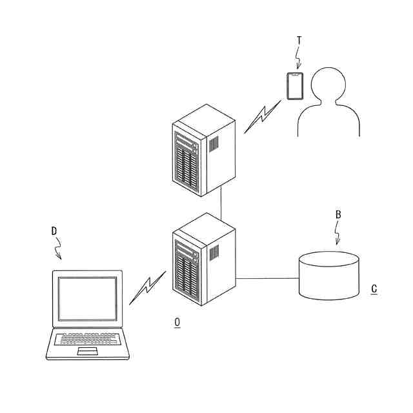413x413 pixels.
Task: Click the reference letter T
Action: tap(299, 41)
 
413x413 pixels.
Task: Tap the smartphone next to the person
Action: tap(295, 86)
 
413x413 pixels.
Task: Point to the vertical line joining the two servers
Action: tap(221, 205)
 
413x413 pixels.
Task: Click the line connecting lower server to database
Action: tap(268, 278)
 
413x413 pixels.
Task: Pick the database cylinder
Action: tap(329, 276)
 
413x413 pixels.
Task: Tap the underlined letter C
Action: tap(374, 288)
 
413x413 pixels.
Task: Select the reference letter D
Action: tap(54, 230)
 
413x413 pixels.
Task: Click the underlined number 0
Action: tap(177, 321)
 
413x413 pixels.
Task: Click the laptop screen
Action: tap(87, 297)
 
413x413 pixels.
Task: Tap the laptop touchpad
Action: tap(87, 350)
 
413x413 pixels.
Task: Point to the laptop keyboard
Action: tap(87, 338)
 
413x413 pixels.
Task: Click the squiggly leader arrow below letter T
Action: tap(299, 59)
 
